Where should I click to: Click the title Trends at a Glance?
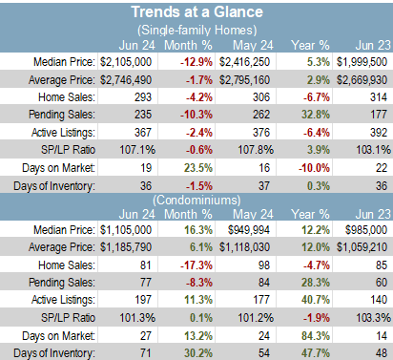pyautogui.click(x=197, y=12)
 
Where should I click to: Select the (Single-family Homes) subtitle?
pyautogui.click(x=197, y=31)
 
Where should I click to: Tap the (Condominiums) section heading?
pyautogui.click(x=196, y=201)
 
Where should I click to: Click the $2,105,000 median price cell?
pyautogui.click(x=126, y=62)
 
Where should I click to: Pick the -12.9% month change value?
pyautogui.click(x=196, y=62)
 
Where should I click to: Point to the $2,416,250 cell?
pyautogui.click(x=244, y=62)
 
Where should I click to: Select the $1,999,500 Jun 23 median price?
pyautogui.click(x=362, y=62)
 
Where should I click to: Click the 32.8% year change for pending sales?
pyautogui.click(x=316, y=115)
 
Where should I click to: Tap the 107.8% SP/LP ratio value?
pyautogui.click(x=256, y=150)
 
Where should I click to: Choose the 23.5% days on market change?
pyautogui.click(x=198, y=168)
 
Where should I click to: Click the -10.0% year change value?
pyautogui.click(x=314, y=168)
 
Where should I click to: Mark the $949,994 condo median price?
pyautogui.click(x=249, y=230)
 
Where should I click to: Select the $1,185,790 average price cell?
pyautogui.click(x=126, y=247)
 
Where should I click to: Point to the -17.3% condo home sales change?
pyautogui.click(x=196, y=265)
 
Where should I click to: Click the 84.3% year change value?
pyautogui.click(x=316, y=336)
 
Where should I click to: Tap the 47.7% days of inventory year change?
pyautogui.click(x=316, y=353)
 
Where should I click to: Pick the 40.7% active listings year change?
pyautogui.click(x=316, y=300)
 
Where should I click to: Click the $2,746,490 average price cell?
pyautogui.click(x=126, y=79)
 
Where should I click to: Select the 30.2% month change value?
pyautogui.click(x=198, y=353)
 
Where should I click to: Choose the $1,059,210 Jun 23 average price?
pyautogui.click(x=362, y=247)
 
